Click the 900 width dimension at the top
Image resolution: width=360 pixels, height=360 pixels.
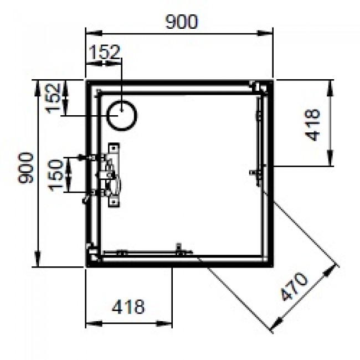(x=181, y=22)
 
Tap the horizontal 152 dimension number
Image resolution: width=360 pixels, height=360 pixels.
(x=104, y=53)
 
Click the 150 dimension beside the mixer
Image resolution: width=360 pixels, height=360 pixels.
(x=55, y=175)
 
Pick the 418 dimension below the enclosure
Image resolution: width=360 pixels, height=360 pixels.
(x=128, y=306)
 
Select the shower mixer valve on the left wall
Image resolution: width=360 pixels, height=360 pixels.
(x=111, y=175)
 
